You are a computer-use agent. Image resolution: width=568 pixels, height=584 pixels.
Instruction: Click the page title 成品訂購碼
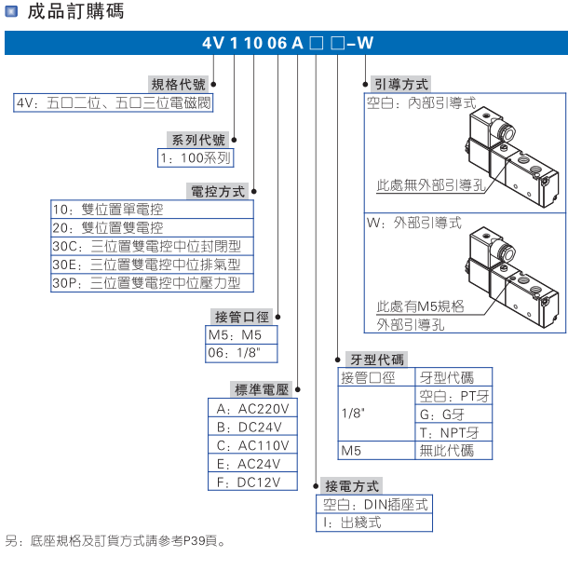point(75,12)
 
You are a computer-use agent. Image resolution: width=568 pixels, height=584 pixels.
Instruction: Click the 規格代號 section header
point(183,85)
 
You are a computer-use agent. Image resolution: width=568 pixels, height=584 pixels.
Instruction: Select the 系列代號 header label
point(197,141)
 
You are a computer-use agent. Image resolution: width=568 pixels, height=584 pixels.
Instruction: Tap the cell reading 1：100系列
point(195,158)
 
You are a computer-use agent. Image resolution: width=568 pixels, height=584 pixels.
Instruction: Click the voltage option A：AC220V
point(252,408)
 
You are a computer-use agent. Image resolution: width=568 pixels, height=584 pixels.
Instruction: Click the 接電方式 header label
point(351,486)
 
